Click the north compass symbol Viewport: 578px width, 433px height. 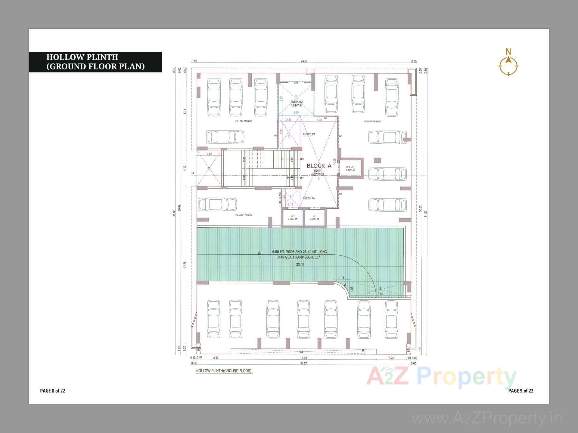[508, 65]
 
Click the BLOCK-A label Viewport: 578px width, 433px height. [319, 166]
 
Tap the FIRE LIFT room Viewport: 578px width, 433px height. [350, 168]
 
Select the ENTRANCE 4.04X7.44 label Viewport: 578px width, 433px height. [297, 104]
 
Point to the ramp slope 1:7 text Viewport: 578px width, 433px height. [298, 257]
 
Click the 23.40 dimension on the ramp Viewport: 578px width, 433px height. [300, 265]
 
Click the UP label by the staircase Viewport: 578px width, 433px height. [302, 178]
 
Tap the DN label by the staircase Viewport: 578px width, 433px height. [302, 159]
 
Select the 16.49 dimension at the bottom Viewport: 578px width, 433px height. [303, 358]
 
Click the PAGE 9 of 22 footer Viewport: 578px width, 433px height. [521, 391]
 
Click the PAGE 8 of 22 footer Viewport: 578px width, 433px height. [53, 391]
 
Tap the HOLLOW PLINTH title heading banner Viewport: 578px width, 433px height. [95, 62]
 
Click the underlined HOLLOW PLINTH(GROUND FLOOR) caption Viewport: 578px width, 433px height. [224, 371]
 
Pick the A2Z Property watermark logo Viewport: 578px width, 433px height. [441, 378]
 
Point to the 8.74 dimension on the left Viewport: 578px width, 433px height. [185, 111]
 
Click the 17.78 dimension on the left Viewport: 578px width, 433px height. [185, 265]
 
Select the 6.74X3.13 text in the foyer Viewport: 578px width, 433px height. [309, 134]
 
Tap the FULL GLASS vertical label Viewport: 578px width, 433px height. [280, 198]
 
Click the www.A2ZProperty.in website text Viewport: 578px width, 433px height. [487, 418]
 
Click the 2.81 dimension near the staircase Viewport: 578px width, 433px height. [209, 154]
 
